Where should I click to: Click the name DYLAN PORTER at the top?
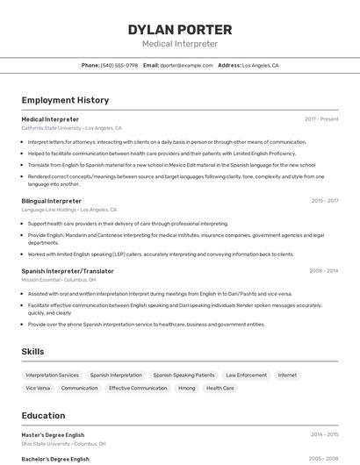179,29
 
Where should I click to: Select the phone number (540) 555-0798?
119,65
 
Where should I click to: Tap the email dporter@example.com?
187,65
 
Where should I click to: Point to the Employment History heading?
65,100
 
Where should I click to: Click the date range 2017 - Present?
321,118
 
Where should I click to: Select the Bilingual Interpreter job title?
51,201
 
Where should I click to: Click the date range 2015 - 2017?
324,201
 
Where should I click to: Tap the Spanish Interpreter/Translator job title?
68,271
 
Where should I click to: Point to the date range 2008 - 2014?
324,271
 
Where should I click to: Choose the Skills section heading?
33,351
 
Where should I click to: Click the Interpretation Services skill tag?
52,375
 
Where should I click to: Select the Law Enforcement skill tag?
246,375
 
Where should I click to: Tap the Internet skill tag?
287,375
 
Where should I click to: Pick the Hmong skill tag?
186,388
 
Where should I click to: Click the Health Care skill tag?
220,388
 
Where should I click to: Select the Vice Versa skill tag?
38,388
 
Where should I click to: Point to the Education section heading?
43,415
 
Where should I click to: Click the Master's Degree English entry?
53,434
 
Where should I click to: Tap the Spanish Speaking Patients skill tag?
184,375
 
